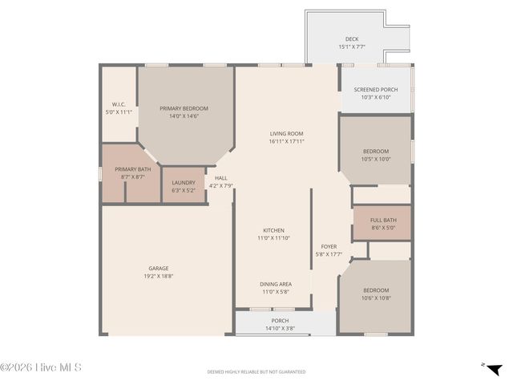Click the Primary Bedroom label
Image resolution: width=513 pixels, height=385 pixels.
[x=184, y=108]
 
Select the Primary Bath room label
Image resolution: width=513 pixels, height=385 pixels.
[x=132, y=169]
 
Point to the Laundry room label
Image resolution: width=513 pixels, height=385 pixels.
[x=184, y=182]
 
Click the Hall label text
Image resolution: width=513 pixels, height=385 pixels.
[x=220, y=178]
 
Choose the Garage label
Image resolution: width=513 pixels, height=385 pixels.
[x=158, y=268]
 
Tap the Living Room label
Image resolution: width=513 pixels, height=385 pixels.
[x=286, y=133]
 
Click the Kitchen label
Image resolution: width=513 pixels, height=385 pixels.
[x=273, y=230]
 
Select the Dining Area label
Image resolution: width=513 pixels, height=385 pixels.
[x=274, y=284]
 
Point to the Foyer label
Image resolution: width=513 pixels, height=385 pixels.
[x=329, y=246]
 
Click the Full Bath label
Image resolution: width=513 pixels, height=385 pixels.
[x=383, y=220]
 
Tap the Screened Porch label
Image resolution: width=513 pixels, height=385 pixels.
[x=376, y=89]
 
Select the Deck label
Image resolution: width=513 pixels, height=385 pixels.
[x=351, y=38]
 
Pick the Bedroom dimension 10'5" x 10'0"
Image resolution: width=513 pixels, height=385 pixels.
[x=377, y=159]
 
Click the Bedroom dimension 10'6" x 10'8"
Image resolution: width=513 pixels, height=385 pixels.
[x=376, y=298]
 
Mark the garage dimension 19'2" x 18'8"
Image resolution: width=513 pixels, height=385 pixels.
[x=158, y=276]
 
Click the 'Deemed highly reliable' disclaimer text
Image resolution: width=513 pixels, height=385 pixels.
[x=256, y=372]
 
